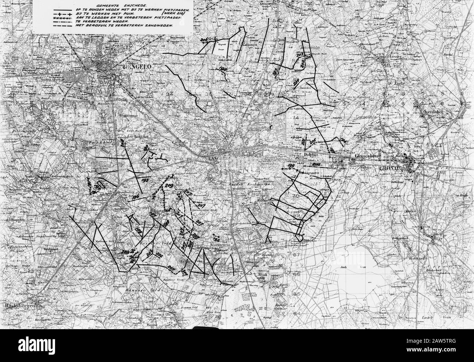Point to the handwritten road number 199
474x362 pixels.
coord(291,166)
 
